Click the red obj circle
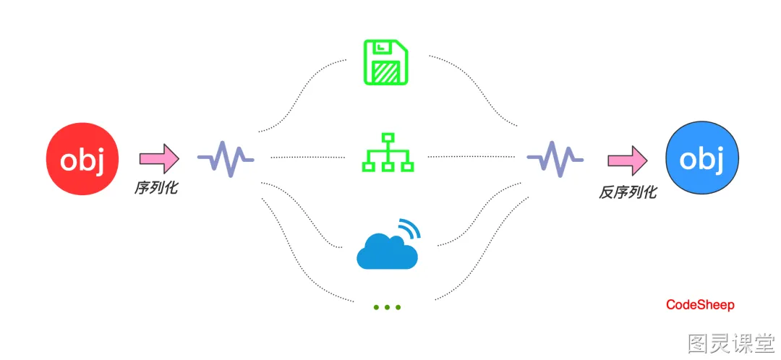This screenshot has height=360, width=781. coord(82,159)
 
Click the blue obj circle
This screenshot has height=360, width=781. coord(701,159)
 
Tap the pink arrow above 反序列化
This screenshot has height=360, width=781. coord(628,160)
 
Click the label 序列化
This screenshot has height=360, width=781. coord(155,188)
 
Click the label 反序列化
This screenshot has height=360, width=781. coord(628,192)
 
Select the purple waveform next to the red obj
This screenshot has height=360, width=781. coord(226,159)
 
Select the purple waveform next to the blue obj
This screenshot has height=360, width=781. coord(555,159)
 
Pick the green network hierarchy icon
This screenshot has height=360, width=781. coord(388,153)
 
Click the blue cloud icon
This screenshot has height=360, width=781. coord(386,252)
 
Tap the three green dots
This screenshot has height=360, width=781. coord(387,307)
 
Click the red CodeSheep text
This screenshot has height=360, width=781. coord(700,305)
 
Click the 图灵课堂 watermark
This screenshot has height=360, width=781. coord(731,343)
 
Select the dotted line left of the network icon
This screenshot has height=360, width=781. coord(308,158)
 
